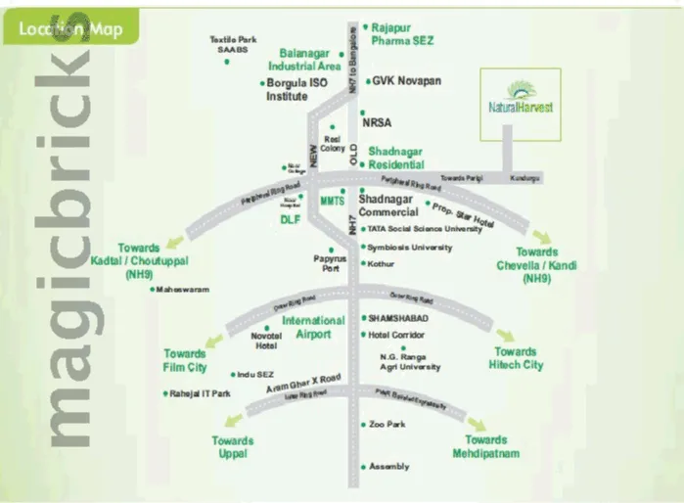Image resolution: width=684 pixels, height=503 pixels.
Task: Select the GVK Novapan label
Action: [x=402, y=81]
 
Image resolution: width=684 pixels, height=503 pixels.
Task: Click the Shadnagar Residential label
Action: [x=396, y=159]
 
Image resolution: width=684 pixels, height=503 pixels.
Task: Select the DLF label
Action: [x=289, y=219]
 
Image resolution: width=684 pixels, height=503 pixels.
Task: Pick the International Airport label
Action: [x=313, y=327]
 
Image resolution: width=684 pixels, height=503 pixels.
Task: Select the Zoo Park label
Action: [x=388, y=424]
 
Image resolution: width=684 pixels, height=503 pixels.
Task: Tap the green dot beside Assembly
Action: [x=362, y=466]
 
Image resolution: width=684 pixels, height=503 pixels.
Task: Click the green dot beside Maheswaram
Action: [x=154, y=290]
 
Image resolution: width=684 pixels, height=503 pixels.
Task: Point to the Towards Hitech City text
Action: [x=516, y=358]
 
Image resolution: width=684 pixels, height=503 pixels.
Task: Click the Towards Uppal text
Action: [x=233, y=447]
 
